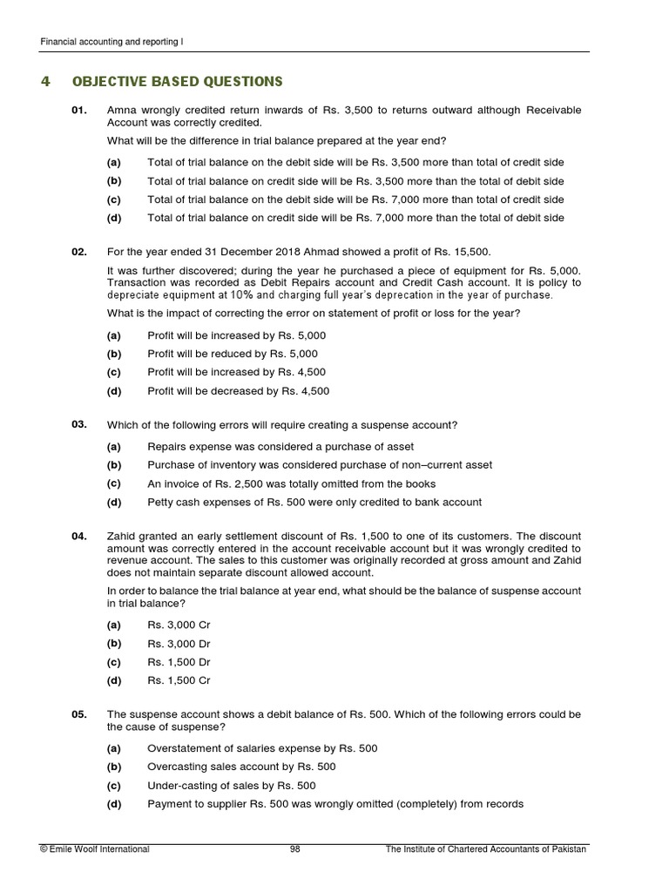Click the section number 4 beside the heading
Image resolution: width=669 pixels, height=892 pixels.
[45, 82]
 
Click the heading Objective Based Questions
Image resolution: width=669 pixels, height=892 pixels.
[177, 82]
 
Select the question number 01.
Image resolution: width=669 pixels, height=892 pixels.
[79, 111]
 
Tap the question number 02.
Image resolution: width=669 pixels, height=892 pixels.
[79, 252]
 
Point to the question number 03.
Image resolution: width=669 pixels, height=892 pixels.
[79, 424]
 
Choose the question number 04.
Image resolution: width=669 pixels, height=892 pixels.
[79, 536]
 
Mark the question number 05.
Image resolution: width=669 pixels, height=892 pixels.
[79, 714]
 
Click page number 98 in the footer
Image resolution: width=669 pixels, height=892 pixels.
[294, 849]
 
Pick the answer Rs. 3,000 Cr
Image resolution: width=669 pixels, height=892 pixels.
[179, 625]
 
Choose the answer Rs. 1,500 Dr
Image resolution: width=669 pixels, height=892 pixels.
[179, 662]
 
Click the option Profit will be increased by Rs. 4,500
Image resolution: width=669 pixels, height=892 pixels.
[238, 373]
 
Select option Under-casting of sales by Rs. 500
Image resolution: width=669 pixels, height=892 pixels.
[231, 785]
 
